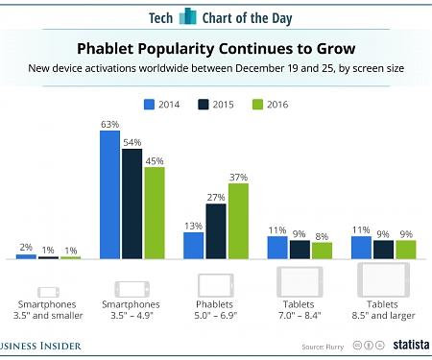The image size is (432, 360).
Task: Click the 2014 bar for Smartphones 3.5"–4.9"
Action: coord(109,195)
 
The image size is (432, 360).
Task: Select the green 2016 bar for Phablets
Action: coord(238,221)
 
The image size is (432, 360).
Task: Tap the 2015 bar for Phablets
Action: coord(215,231)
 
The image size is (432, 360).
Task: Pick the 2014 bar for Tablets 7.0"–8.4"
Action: coord(276,247)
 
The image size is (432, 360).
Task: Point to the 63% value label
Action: coord(109,124)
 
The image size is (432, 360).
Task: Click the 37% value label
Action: coord(238,177)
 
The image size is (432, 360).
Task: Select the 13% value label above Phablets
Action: coord(193,226)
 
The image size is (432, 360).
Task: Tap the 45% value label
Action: coord(154,160)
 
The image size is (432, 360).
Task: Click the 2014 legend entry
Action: coord(163,105)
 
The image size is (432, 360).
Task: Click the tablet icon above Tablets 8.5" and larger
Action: coord(385,280)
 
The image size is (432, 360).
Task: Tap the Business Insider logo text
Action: coord(38,345)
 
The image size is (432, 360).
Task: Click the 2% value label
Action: coord(26,248)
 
